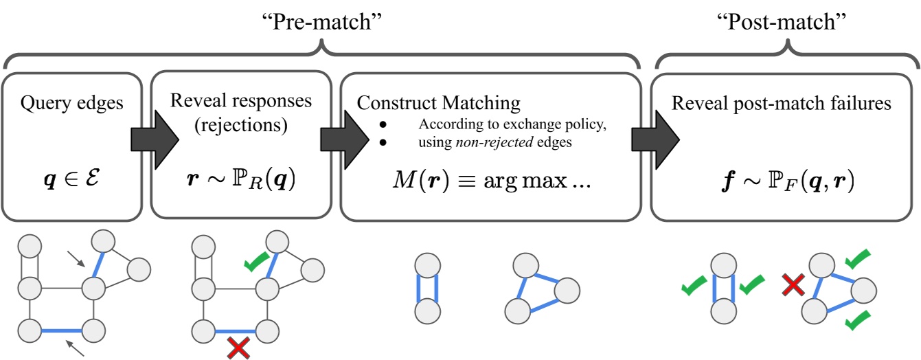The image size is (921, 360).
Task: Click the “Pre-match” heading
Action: tap(322, 21)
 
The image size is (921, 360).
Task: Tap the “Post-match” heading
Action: tap(781, 21)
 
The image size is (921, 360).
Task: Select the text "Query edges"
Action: tap(72, 103)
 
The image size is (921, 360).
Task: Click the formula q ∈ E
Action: tap(72, 179)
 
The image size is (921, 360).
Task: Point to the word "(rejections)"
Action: tap(241, 124)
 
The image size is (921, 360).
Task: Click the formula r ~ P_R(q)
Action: tap(241, 180)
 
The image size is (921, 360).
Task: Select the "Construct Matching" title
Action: tap(438, 103)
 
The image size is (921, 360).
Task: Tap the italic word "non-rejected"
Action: tap(494, 142)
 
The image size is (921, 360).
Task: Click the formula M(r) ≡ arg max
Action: tap(492, 180)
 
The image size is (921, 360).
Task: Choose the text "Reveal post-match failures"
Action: tap(781, 103)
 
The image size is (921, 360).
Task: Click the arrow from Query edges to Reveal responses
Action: tap(155, 140)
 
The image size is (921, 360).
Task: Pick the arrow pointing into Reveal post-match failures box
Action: tap(655, 140)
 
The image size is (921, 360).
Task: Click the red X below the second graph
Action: tap(238, 348)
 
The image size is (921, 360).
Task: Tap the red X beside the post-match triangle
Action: tap(793, 285)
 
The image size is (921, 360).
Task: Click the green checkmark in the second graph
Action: tap(256, 262)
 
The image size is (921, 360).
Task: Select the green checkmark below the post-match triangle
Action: tap(858, 321)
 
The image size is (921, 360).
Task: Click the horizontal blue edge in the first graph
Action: tap(62, 330)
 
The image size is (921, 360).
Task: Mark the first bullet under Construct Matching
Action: tap(383, 124)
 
